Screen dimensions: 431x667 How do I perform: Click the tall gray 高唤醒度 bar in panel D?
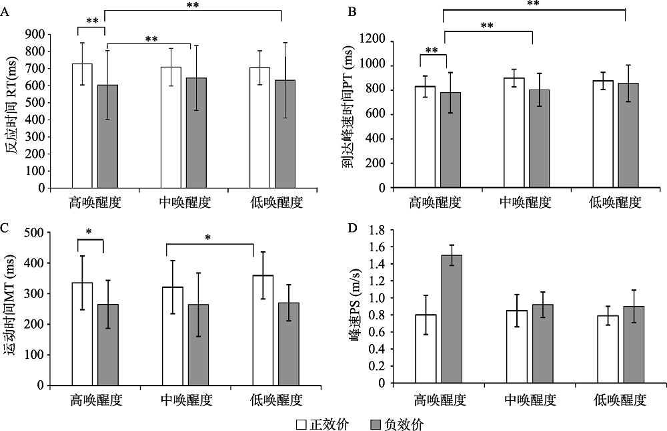point(452,319)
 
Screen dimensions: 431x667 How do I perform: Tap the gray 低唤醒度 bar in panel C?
point(289,343)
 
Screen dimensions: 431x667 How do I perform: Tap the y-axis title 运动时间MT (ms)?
point(11,309)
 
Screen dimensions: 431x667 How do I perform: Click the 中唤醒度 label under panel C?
point(186,401)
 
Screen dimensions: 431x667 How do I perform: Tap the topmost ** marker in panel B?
point(533,4)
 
